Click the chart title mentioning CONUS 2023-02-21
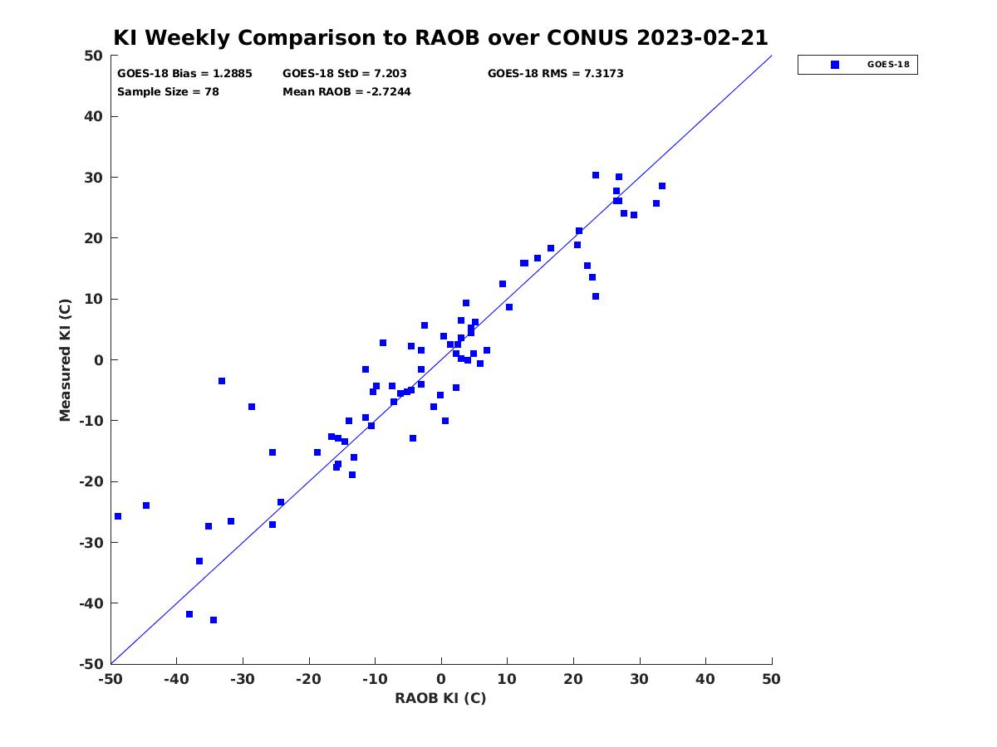(440, 37)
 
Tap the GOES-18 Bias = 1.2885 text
(184, 74)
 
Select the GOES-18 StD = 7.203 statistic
(344, 74)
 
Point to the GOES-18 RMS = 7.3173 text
(555, 74)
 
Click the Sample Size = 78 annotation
(168, 91)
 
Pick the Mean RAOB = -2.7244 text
(346, 91)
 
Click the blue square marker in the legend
(835, 65)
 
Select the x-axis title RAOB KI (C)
(440, 698)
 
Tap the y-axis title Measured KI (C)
(65, 359)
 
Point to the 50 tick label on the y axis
(94, 56)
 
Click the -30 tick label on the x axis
(242, 680)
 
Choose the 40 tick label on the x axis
(705, 680)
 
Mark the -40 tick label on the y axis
(91, 603)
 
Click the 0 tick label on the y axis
(99, 360)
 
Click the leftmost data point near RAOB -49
(118, 516)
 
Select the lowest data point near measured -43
(214, 620)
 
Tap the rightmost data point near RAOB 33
(662, 186)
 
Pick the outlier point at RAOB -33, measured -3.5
(222, 381)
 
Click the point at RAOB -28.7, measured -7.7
(252, 407)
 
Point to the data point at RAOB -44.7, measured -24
(146, 505)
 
